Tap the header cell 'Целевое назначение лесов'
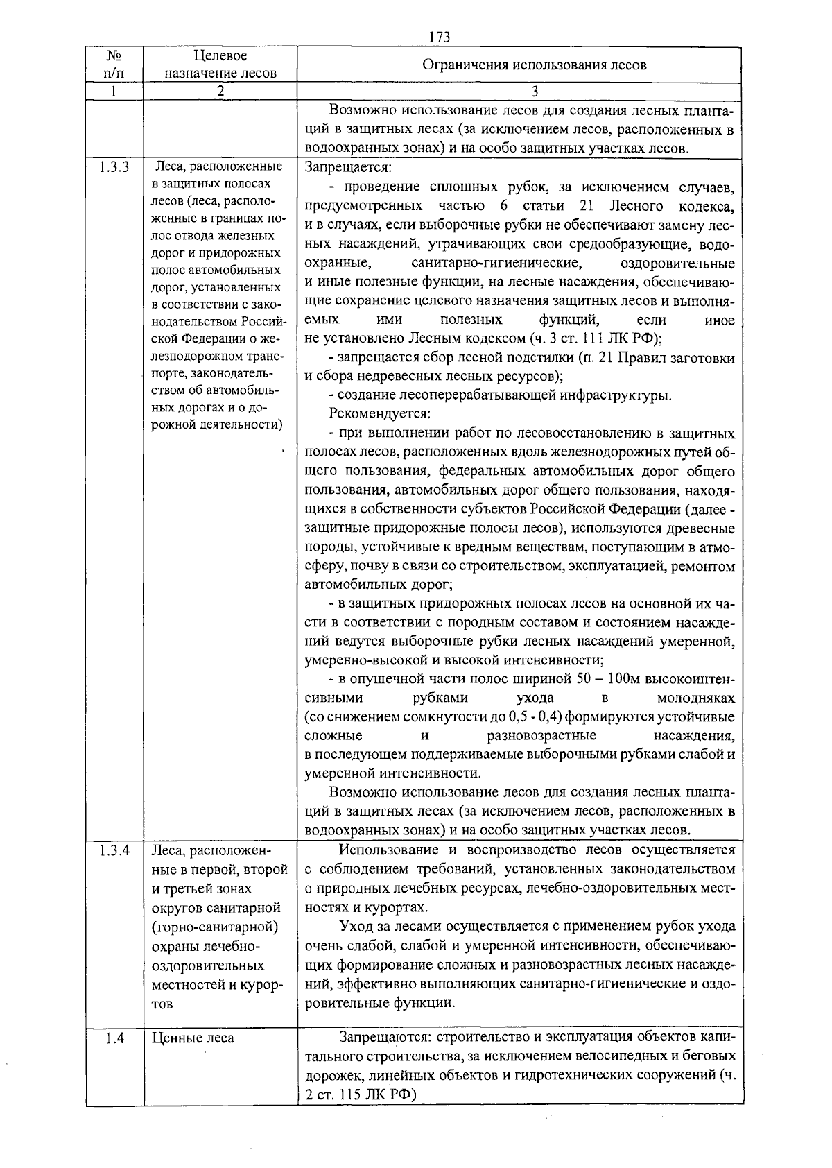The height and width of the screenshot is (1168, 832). (220, 64)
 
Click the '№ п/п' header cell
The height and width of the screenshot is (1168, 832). (114, 64)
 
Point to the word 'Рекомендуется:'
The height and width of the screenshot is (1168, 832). (380, 414)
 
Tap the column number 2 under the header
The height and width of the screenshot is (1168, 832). (220, 92)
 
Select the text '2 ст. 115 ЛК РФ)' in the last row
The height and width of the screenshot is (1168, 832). (359, 1094)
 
